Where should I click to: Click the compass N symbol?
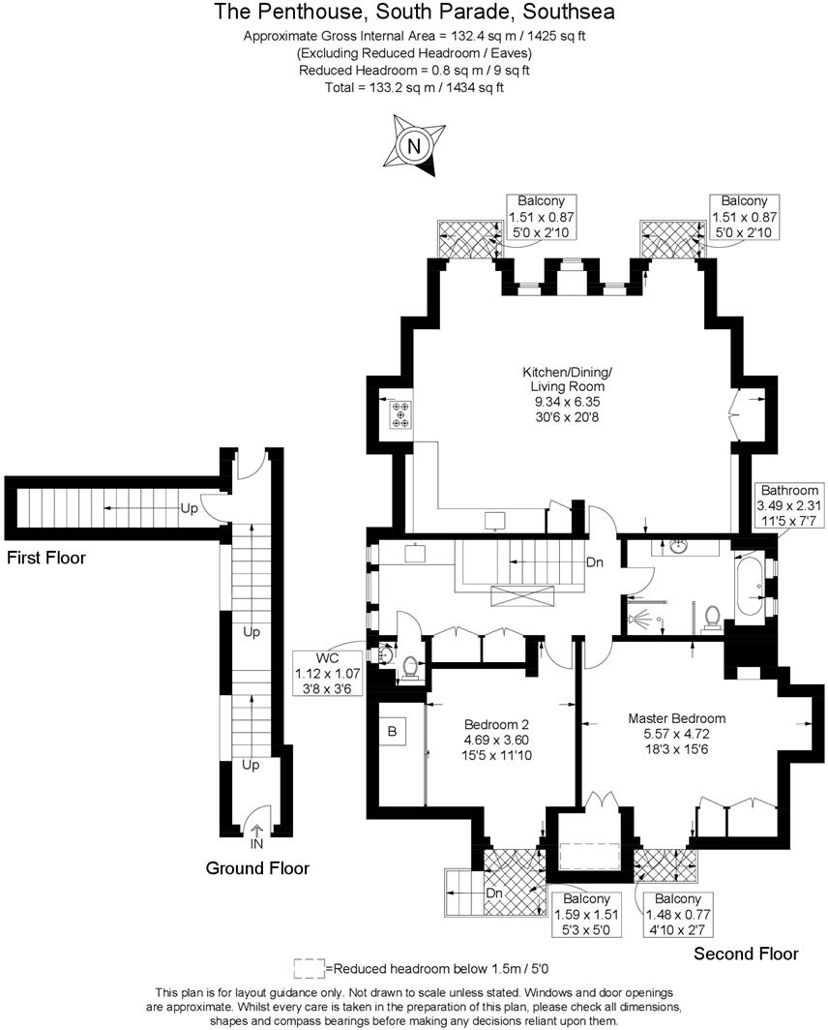click(x=414, y=147)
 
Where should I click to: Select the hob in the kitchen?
click(x=399, y=414)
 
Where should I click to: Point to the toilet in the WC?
click(x=409, y=668)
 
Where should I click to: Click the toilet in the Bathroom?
click(x=713, y=618)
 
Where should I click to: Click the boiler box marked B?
click(x=392, y=732)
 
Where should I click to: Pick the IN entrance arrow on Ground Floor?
click(x=256, y=833)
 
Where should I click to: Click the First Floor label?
click(x=46, y=558)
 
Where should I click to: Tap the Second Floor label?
click(x=746, y=954)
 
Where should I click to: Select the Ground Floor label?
click(x=257, y=868)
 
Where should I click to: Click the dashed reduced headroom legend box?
click(x=309, y=967)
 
